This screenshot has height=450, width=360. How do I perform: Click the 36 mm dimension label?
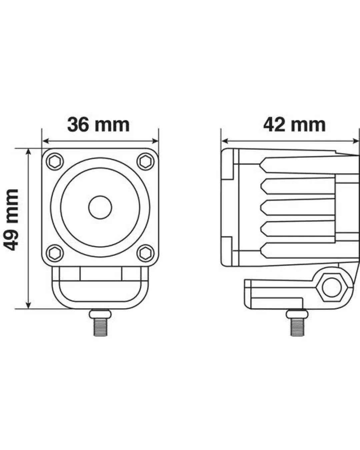(98, 125)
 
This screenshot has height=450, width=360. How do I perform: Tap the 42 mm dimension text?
(294, 125)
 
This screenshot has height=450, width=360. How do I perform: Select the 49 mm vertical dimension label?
(11, 220)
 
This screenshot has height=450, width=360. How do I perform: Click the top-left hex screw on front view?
(55, 161)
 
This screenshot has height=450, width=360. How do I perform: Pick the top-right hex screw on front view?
(146, 161)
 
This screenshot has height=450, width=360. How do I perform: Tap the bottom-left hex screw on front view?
(55, 253)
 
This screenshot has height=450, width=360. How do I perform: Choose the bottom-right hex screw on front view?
(146, 253)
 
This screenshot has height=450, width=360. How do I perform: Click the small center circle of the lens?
(100, 207)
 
